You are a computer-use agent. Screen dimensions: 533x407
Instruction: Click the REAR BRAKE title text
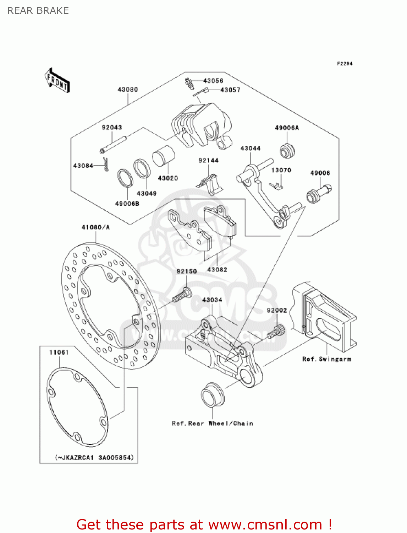click(x=38, y=11)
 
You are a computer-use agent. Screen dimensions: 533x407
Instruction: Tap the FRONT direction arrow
click(x=57, y=81)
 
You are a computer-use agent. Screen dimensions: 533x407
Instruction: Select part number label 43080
click(x=127, y=90)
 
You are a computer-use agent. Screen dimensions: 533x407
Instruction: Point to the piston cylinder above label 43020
click(x=164, y=156)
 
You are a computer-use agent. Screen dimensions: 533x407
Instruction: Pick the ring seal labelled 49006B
click(x=125, y=178)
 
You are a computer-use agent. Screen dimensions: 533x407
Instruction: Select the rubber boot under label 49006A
click(x=287, y=150)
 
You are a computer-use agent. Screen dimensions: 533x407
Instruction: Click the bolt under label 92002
click(x=275, y=332)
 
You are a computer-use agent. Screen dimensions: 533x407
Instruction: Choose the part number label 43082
click(x=217, y=270)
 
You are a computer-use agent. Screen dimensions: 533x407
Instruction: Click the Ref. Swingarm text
click(x=326, y=359)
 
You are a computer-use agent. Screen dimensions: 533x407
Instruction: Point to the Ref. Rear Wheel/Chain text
click(x=213, y=423)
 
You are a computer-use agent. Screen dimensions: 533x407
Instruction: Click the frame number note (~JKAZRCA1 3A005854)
click(x=94, y=458)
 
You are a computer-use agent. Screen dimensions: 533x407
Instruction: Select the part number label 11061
click(x=59, y=352)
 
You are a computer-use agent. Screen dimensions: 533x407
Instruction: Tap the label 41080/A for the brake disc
click(x=95, y=227)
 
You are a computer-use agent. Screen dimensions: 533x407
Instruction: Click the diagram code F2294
click(x=345, y=64)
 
